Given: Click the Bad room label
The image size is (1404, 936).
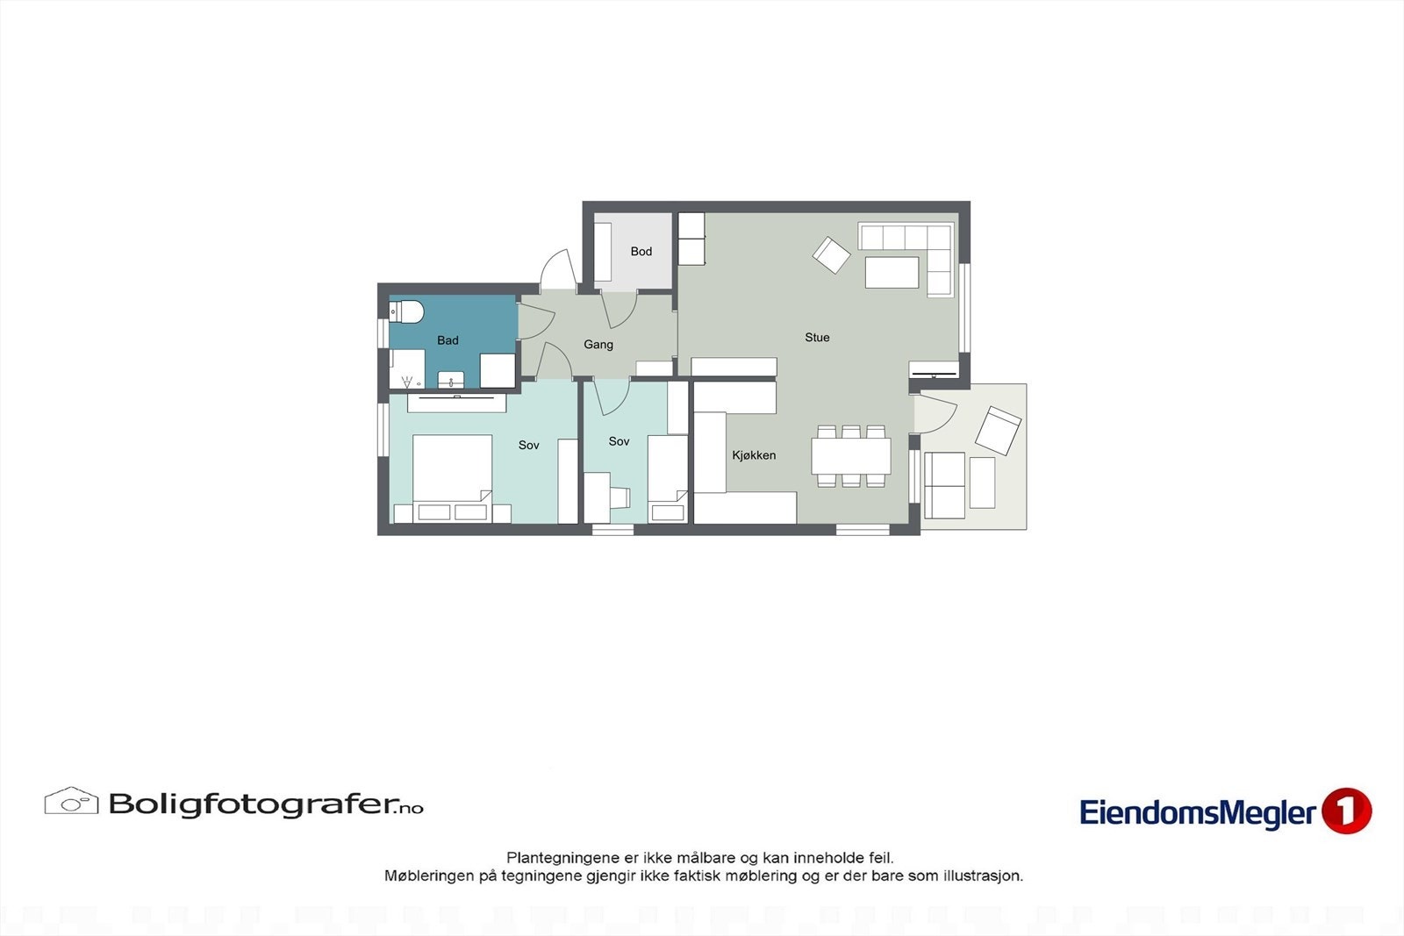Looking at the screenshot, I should [x=448, y=340].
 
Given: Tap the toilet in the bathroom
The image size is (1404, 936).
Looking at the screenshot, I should [x=408, y=311].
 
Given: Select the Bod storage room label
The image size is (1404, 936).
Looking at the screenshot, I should [x=641, y=252].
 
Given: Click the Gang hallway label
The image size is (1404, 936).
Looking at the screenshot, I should [x=598, y=345].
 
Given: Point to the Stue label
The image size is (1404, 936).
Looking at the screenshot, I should [x=817, y=338].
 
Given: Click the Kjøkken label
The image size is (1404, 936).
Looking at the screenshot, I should [x=754, y=455].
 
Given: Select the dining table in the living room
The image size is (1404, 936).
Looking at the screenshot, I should [x=850, y=456].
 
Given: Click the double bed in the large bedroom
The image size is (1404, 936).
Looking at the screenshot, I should [x=452, y=469].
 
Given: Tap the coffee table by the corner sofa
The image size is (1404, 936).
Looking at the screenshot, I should [x=892, y=272].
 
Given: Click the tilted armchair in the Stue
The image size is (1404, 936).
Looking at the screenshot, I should [x=831, y=255].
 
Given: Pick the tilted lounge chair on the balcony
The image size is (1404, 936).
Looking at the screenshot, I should [x=999, y=430].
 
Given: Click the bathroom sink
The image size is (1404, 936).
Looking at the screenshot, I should [x=451, y=380].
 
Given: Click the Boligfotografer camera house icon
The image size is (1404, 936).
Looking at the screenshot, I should [x=71, y=801].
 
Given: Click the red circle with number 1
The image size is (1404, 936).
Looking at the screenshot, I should [x=1346, y=811].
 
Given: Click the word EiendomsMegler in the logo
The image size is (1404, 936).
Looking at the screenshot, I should [x=1198, y=813].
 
